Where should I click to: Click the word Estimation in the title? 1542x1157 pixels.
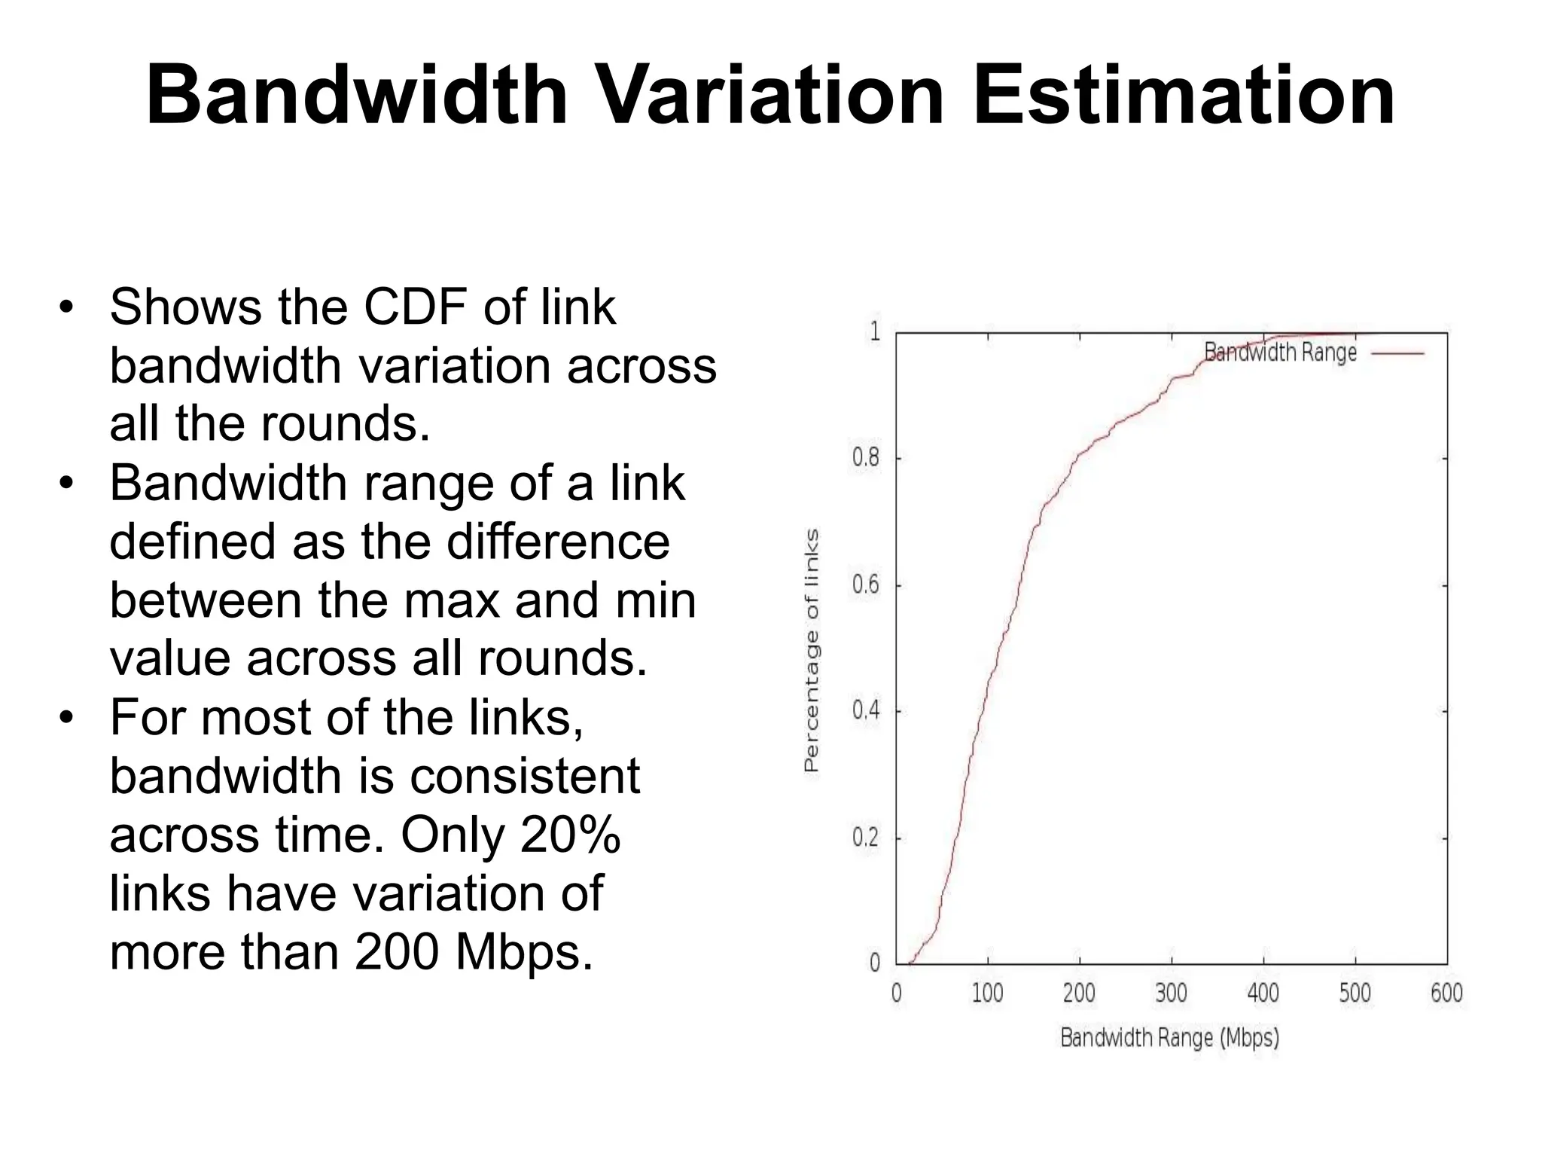(x=1184, y=96)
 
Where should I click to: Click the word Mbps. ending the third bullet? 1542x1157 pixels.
(x=524, y=952)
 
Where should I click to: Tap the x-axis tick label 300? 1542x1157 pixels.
(x=1171, y=993)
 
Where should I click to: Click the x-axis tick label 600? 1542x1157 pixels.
(x=1446, y=993)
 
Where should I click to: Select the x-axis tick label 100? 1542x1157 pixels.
(x=987, y=993)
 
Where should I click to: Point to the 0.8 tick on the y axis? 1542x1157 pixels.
(x=865, y=458)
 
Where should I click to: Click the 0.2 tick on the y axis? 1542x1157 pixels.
(x=865, y=838)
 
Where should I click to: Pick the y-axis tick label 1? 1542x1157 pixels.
(x=875, y=331)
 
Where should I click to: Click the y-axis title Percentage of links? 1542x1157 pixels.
(x=811, y=651)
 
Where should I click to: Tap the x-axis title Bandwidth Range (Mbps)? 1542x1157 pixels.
(x=1169, y=1038)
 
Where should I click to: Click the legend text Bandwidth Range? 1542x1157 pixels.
(x=1280, y=353)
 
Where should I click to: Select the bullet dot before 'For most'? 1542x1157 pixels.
(x=67, y=717)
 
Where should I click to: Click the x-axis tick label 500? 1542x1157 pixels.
(x=1355, y=993)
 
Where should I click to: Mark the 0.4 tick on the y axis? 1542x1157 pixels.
(x=865, y=710)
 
